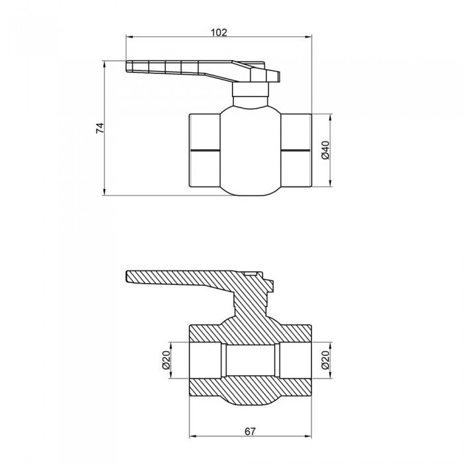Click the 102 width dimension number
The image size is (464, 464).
tap(219, 32)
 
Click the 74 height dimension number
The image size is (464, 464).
tap(100, 129)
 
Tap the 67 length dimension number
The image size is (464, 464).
tap(250, 432)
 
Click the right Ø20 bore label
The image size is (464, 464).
tap(325, 361)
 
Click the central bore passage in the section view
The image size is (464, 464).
tap(250, 361)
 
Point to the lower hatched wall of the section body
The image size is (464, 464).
tap(250, 391)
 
